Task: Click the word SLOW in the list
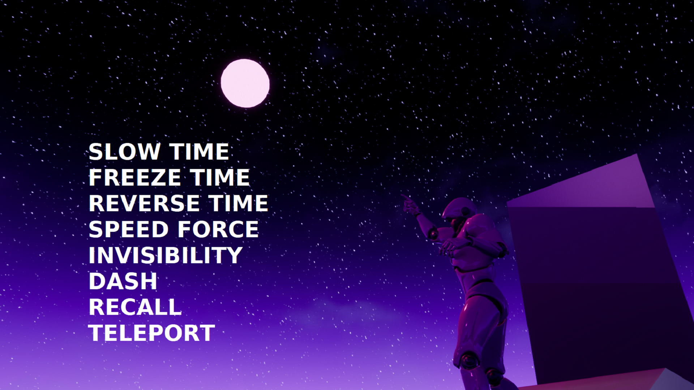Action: (x=124, y=152)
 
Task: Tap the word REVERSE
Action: (x=144, y=203)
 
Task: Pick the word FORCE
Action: (x=218, y=229)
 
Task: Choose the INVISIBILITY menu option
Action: (x=166, y=255)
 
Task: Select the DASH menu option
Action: (x=123, y=281)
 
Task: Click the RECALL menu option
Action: (x=135, y=307)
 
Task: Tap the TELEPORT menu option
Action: (x=151, y=333)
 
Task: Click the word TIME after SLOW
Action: (x=200, y=152)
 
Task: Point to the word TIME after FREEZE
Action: (x=220, y=178)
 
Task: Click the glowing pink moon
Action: (x=245, y=83)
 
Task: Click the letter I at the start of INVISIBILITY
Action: (x=91, y=255)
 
